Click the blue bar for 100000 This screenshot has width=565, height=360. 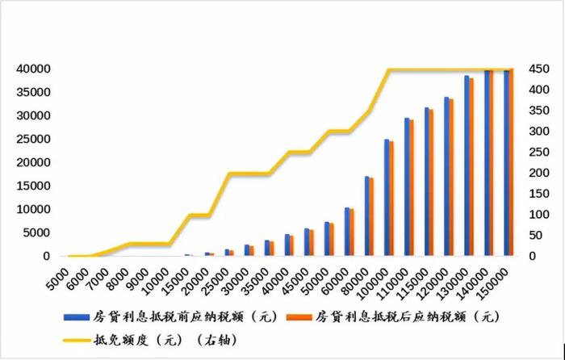coord(387,198)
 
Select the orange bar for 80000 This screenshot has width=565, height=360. coord(371,217)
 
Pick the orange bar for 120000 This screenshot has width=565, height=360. coord(451,178)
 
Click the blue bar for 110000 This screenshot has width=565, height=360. coord(407,187)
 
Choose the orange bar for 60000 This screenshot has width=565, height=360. coord(351,233)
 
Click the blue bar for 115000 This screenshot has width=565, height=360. coord(427,182)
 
